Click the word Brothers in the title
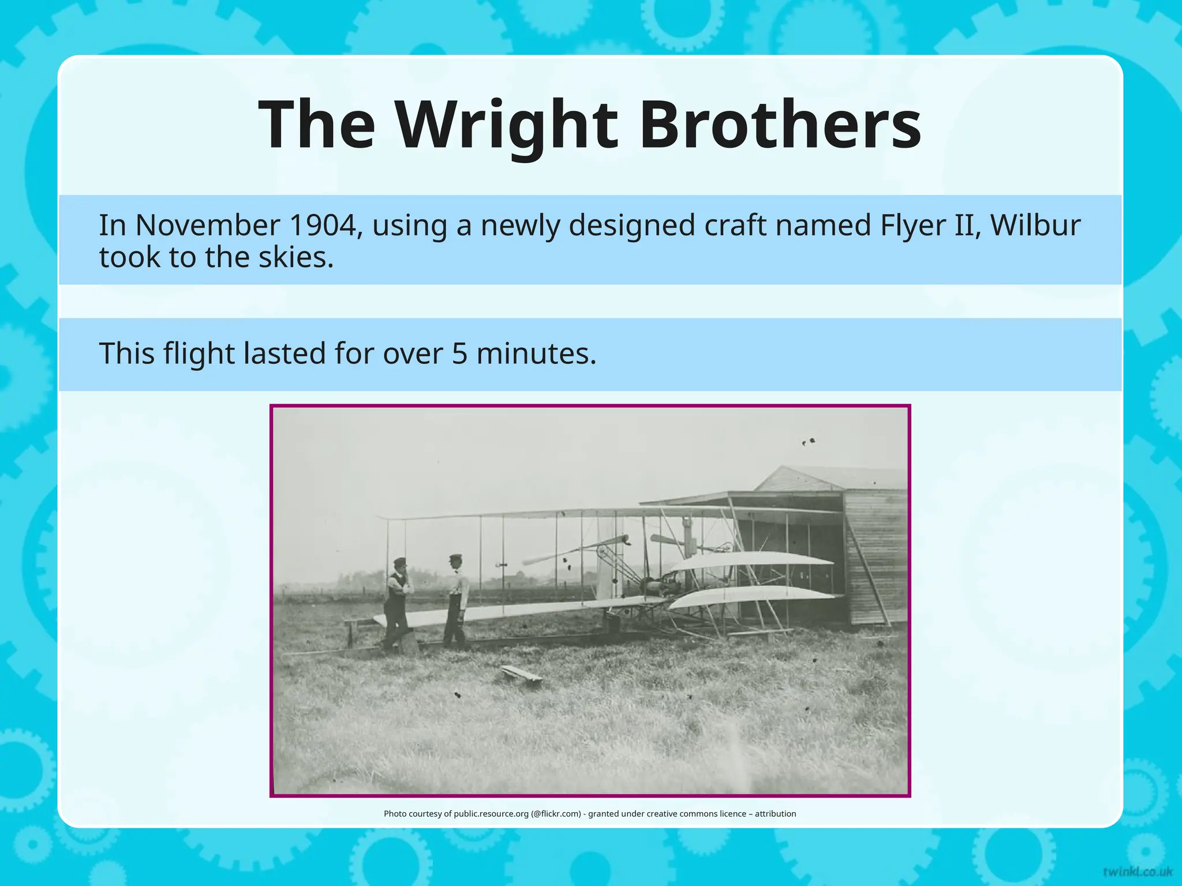pyautogui.click(x=780, y=125)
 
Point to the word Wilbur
pyautogui.click(x=1035, y=225)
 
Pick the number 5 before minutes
pyautogui.click(x=459, y=353)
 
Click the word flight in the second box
pyautogui.click(x=199, y=354)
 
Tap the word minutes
pyautogui.click(x=536, y=353)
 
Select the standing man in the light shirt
pyautogui.click(x=457, y=600)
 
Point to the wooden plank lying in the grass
pyautogui.click(x=521, y=674)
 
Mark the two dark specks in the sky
pyautogui.click(x=808, y=442)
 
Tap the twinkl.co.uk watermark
pyautogui.click(x=1137, y=871)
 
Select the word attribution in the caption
pyautogui.click(x=775, y=814)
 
